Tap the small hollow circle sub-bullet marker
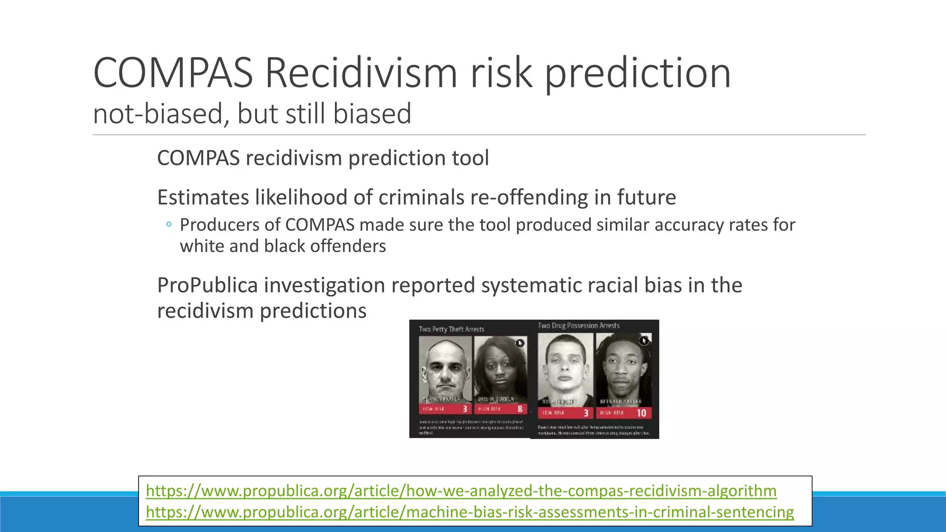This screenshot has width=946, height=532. point(169,225)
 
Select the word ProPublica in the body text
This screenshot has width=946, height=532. point(207,285)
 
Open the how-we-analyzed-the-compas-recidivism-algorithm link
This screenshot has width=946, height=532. point(461,490)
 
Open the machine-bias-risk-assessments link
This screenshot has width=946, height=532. point(470,512)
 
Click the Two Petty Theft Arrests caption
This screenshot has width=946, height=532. point(451,329)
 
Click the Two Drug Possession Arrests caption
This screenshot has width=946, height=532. point(578,326)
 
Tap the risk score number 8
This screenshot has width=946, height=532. point(520,409)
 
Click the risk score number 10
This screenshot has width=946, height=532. point(641,413)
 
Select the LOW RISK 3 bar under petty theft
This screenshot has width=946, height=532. point(445,409)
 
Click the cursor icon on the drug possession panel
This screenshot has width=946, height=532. point(643,341)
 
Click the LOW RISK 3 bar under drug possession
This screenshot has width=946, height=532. point(565,413)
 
